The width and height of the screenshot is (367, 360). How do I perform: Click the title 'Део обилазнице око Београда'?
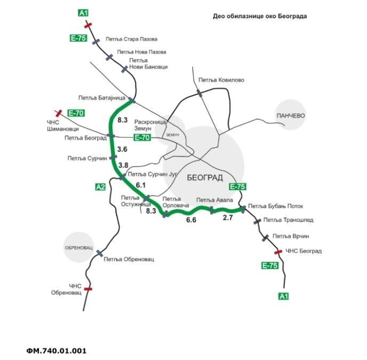(260, 16)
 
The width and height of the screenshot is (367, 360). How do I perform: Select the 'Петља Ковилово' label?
(221, 80)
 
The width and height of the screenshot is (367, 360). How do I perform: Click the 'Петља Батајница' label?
(101, 98)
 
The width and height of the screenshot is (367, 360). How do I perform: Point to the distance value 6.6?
(190, 220)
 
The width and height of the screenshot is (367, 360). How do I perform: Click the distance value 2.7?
(228, 218)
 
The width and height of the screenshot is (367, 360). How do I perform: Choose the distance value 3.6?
(122, 150)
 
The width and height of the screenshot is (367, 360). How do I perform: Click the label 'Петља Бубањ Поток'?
(276, 206)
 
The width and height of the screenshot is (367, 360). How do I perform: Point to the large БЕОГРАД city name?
(205, 178)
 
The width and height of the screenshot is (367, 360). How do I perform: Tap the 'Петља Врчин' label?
(291, 236)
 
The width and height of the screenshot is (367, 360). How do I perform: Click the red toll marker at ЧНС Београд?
(278, 252)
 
